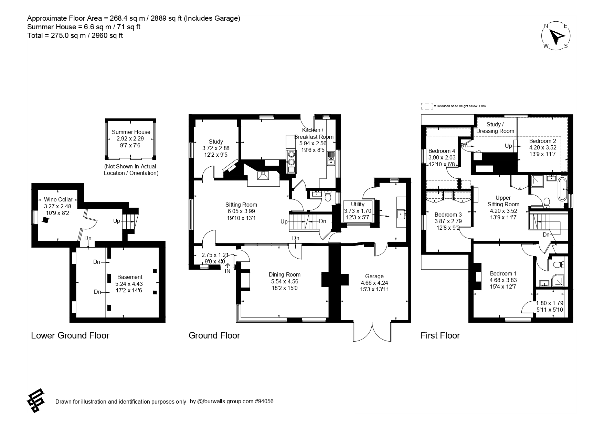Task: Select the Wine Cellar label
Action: pos(58,199)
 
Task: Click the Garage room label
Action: pos(374,276)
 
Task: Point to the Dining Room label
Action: pos(285,274)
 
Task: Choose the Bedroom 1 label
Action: pos(503,274)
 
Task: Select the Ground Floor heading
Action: pos(214,335)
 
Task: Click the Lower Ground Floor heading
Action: pos(70,335)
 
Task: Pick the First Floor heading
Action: pos(440,335)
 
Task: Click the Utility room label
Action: pos(358,204)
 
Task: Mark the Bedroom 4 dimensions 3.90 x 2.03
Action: pos(442,157)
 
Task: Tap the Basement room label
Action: pos(130,277)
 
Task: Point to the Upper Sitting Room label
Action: pos(503,201)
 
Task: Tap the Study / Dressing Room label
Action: pos(495,128)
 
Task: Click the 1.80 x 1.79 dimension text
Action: pos(550,303)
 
